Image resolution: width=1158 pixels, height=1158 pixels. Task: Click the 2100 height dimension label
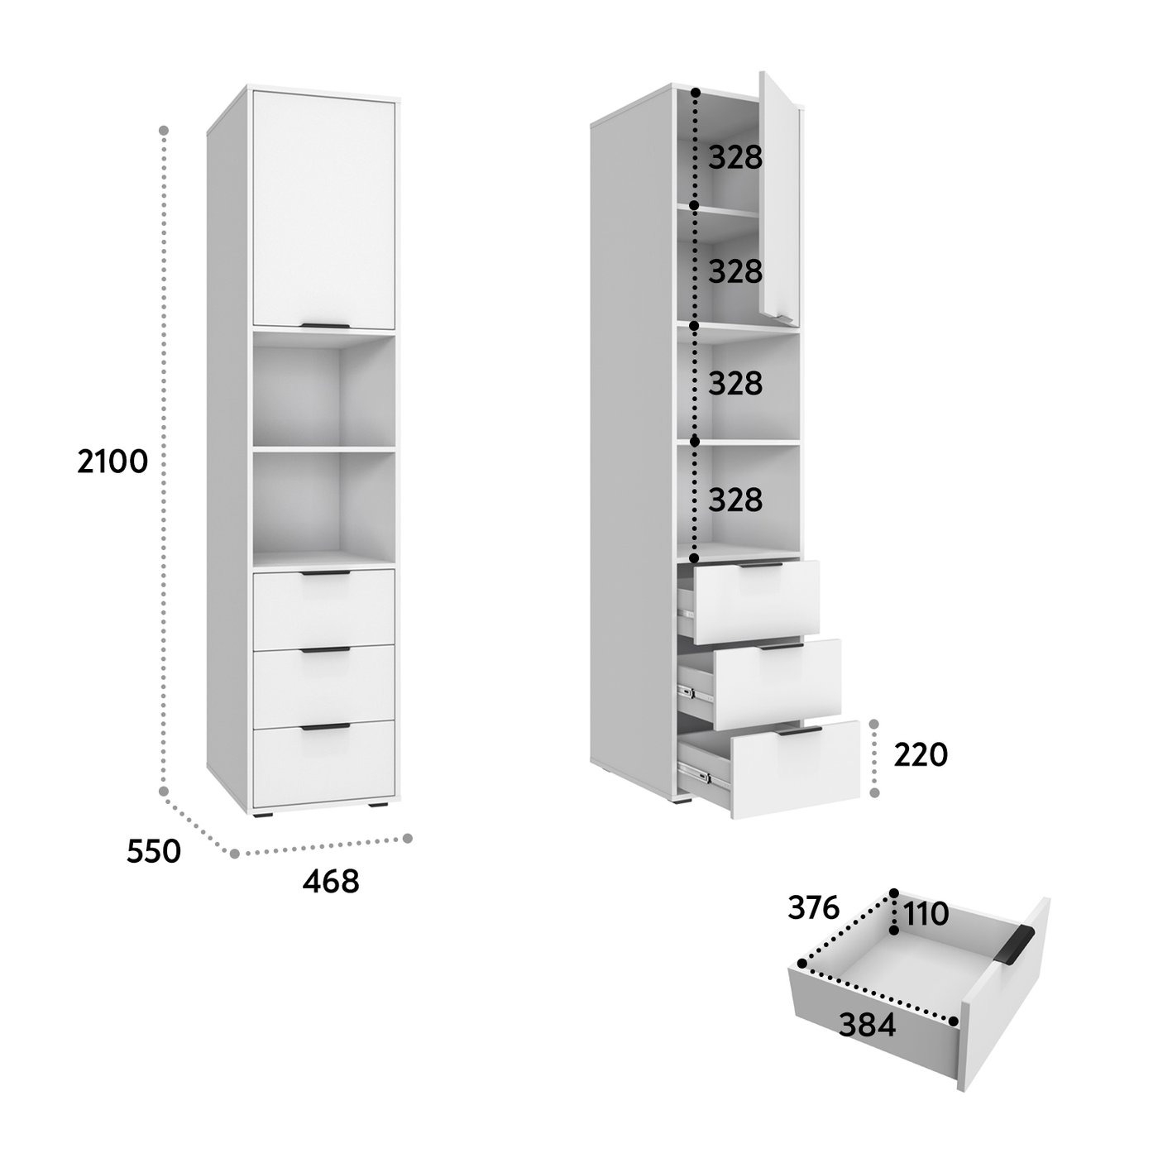pos(112,462)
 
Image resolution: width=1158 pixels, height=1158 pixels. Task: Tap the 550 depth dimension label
pos(154,851)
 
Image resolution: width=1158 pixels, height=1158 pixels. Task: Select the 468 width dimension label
pos(331,881)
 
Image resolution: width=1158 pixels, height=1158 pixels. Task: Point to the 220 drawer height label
pos(920,755)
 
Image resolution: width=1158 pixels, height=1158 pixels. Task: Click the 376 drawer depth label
pos(813,907)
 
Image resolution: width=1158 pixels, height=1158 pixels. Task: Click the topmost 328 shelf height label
pos(735,158)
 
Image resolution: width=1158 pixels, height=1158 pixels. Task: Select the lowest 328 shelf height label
pos(735,500)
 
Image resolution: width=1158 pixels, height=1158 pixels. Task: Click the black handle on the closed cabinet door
pos(325,326)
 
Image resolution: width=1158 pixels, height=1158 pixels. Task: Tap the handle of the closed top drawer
pos(325,572)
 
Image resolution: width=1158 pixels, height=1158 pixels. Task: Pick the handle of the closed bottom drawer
pos(325,727)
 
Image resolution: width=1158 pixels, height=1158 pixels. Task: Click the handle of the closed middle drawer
pos(325,650)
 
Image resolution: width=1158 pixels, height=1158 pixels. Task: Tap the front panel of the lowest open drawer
pos(795,769)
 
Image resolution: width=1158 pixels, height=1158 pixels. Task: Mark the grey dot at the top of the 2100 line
pos(164,130)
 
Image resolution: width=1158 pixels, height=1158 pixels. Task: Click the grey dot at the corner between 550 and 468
pos(234,854)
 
